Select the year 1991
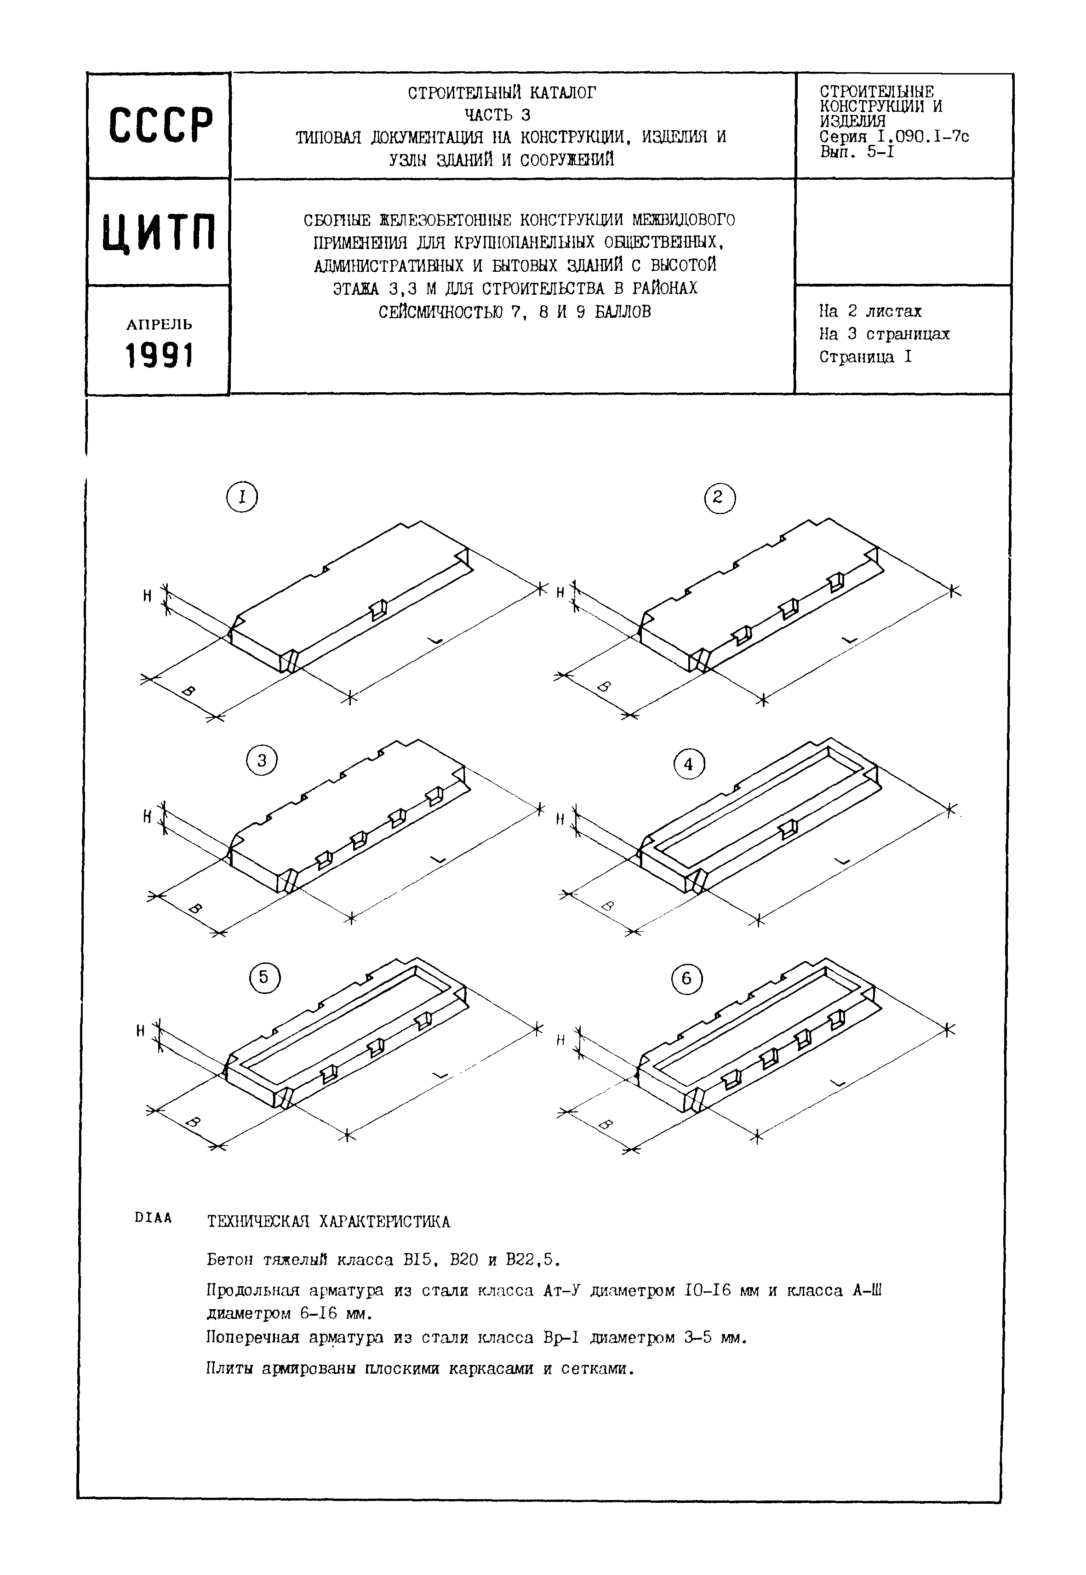pyautogui.click(x=159, y=355)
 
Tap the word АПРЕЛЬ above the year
pyautogui.click(x=159, y=325)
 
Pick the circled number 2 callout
pyautogui.click(x=719, y=498)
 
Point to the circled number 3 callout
pyautogui.click(x=262, y=760)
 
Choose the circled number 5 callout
pyautogui.click(x=264, y=978)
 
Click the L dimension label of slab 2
pyautogui.click(x=849, y=639)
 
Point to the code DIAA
pyautogui.click(x=153, y=1218)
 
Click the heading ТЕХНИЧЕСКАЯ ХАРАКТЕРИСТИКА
pyautogui.click(x=329, y=1222)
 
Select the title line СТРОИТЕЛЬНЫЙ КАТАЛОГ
pyautogui.click(x=502, y=92)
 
